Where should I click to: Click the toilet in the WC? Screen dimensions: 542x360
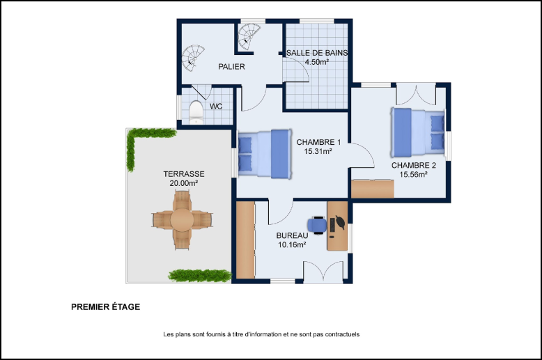coord(196,112)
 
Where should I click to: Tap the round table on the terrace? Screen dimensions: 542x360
coord(182,220)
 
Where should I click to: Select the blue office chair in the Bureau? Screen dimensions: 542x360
coord(317,225)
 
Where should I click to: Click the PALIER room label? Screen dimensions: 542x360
coord(231,67)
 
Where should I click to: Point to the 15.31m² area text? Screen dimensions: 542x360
coord(318,151)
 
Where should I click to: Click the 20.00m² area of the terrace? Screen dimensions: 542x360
coord(183,183)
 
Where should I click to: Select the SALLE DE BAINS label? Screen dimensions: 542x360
coord(317,53)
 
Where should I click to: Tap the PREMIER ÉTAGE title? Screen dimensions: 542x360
coord(106,307)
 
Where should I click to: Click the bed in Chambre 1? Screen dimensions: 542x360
coord(265,154)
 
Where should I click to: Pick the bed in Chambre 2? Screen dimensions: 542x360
coord(418,132)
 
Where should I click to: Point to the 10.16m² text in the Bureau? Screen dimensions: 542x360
coord(292,245)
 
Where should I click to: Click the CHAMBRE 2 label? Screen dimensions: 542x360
coord(414,166)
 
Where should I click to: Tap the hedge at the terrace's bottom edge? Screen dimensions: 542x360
coord(200,275)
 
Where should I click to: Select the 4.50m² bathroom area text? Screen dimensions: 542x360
coord(316,62)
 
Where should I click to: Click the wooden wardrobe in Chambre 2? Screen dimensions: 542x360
coord(373,189)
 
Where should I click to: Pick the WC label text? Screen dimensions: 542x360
coord(216,107)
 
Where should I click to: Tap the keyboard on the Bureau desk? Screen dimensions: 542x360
coord(332,225)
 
